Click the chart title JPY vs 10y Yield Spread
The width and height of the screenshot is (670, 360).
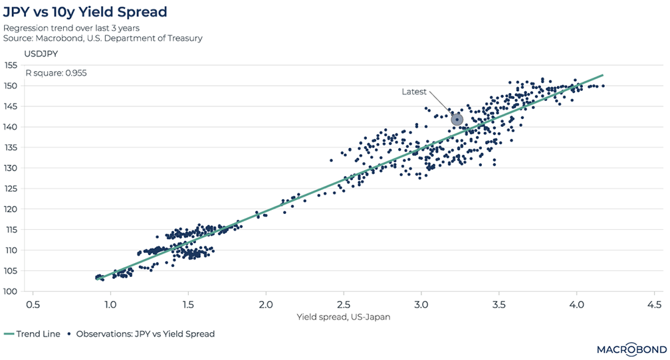point(85,12)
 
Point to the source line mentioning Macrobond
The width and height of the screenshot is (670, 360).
point(103,38)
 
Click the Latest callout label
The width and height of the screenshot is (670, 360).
point(414,92)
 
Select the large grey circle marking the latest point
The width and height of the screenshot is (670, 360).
point(457,120)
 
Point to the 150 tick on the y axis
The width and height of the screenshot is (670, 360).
point(10,86)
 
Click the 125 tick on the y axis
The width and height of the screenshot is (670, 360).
point(10,188)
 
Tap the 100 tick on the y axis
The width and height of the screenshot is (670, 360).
point(10,291)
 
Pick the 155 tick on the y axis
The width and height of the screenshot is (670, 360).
point(10,65)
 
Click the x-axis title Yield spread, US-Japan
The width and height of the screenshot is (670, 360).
point(344,317)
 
